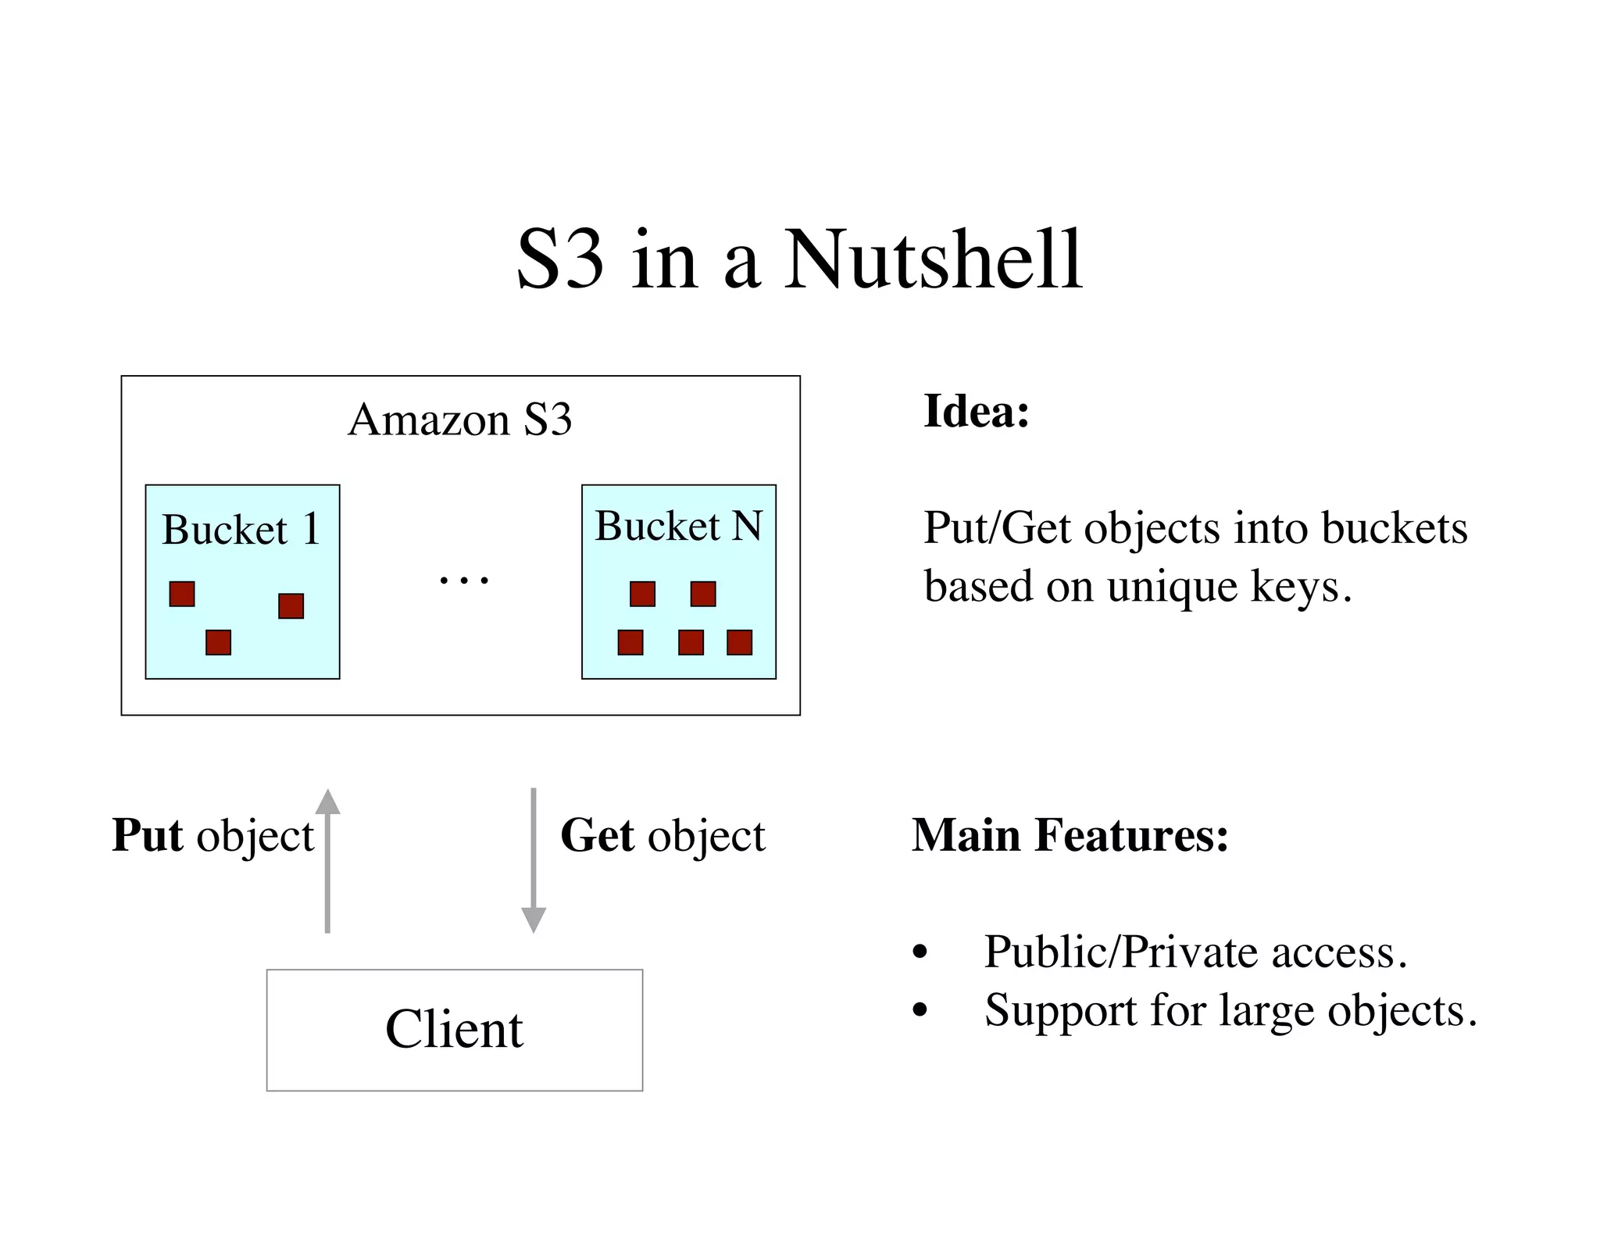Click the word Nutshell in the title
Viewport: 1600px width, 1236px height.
pos(933,259)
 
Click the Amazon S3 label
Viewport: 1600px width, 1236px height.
pos(460,420)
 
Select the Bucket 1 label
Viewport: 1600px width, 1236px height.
pos(241,530)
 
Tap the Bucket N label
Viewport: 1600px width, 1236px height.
pos(678,526)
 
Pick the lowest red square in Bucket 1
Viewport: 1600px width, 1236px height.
pos(218,642)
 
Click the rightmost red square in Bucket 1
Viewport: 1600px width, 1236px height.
pos(291,605)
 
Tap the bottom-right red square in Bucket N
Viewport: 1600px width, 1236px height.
pos(739,642)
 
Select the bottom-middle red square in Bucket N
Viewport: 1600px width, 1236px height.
pos(691,642)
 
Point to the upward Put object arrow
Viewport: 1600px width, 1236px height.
pos(327,859)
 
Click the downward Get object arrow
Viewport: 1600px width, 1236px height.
pos(534,859)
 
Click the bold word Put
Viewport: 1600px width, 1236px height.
pos(148,835)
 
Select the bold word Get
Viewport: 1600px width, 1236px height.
pos(598,835)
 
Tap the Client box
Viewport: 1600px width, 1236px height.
pos(454,1030)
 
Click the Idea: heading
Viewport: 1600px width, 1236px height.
pos(976,411)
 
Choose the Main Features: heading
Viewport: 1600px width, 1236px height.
pos(1070,835)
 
